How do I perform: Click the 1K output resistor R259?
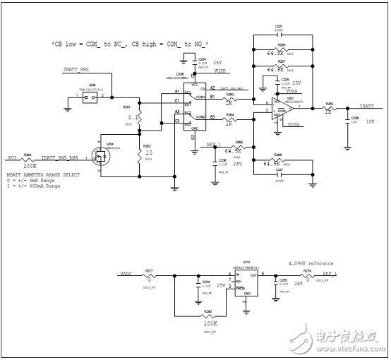(x=329, y=108)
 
